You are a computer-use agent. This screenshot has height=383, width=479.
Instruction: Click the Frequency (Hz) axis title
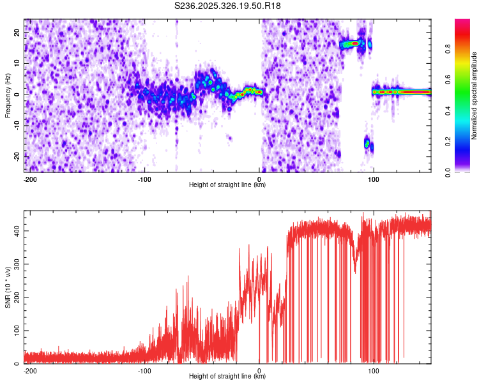7,95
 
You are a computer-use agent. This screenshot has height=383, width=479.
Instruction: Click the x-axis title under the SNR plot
227,377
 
